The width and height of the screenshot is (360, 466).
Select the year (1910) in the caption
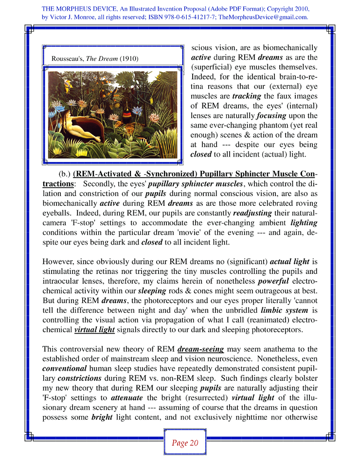(x=129, y=58)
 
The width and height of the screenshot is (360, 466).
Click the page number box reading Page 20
(x=184, y=443)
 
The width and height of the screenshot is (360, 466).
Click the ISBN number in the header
(x=175, y=17)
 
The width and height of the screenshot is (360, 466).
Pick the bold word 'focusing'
(x=272, y=116)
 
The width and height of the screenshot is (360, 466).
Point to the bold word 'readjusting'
(x=253, y=213)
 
